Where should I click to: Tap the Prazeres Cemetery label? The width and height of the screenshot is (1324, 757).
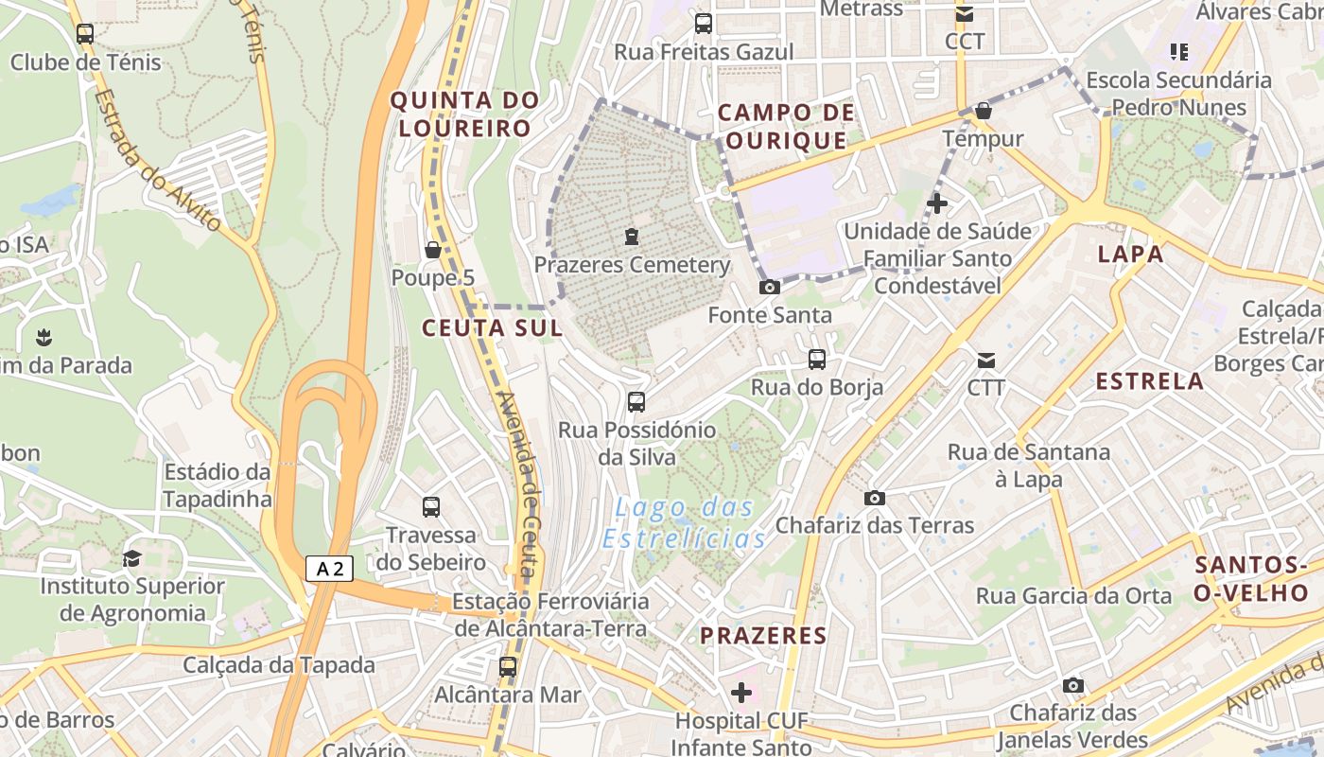632,265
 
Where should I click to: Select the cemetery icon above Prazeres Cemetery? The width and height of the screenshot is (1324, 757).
632,236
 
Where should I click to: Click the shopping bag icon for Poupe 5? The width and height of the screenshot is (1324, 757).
433,250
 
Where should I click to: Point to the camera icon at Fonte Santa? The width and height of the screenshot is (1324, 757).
770,287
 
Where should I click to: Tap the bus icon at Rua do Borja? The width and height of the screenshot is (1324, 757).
816,360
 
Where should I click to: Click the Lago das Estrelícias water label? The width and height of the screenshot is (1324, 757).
685,523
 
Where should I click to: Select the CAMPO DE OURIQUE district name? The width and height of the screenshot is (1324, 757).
786,127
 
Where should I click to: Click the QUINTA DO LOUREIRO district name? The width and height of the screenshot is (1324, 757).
464,114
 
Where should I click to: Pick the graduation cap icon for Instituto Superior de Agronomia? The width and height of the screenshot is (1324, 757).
132,558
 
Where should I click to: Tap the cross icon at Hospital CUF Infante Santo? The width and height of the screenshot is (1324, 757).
741,693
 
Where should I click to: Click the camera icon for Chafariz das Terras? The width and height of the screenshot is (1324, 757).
875,498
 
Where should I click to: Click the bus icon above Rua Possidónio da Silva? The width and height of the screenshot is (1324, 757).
636,402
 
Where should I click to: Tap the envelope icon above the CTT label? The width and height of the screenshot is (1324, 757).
985,360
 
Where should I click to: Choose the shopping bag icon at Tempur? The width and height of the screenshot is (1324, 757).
984,111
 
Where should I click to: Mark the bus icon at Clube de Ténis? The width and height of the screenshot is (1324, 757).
85,34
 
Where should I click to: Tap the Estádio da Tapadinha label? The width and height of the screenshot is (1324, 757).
218,485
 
